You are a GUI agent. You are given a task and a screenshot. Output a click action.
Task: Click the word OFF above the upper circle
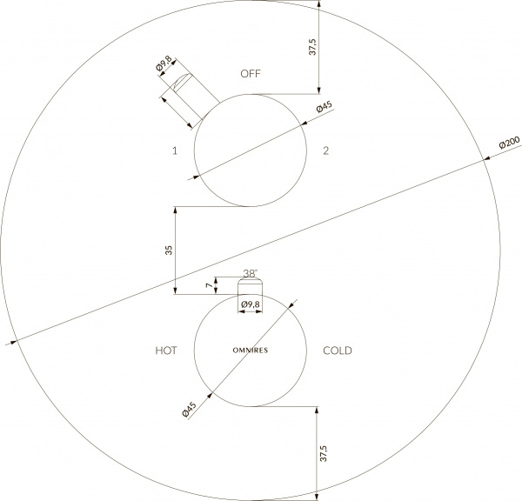point(251,74)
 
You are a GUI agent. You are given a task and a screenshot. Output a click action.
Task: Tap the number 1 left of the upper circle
point(175,150)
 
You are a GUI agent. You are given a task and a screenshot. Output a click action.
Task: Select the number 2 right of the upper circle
point(325,150)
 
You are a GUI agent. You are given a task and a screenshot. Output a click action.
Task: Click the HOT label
point(166,351)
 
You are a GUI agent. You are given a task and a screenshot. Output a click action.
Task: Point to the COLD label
point(338,351)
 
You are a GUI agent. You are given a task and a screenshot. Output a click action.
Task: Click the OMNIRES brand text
point(250,350)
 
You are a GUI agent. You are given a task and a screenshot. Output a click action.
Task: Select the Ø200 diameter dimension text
point(509,144)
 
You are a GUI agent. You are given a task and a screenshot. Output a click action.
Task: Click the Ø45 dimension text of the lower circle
point(190,409)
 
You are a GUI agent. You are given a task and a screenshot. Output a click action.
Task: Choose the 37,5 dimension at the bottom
point(325,455)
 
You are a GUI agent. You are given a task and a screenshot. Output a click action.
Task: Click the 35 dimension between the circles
point(169,250)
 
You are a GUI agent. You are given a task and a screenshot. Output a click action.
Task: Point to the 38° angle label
point(251,273)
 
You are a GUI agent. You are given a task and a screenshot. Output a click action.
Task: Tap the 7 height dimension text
point(208,285)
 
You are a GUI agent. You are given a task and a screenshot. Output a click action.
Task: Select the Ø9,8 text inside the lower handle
point(251,304)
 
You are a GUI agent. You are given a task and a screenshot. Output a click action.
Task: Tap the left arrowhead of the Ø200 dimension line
point(11,342)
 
